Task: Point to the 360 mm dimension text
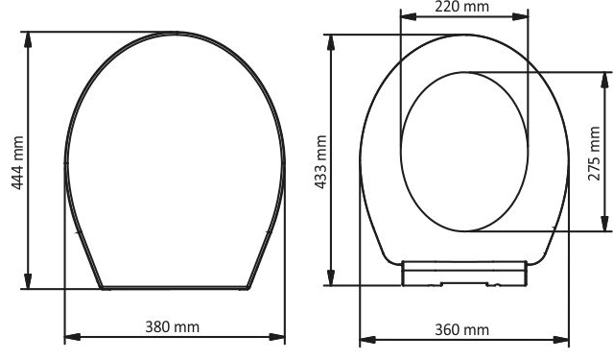[462, 329]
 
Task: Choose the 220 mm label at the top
[462, 8]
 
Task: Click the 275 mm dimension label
[594, 152]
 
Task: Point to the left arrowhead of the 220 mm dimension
[404, 18]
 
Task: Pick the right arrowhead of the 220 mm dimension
[522, 18]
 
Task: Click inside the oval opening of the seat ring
[464, 151]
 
